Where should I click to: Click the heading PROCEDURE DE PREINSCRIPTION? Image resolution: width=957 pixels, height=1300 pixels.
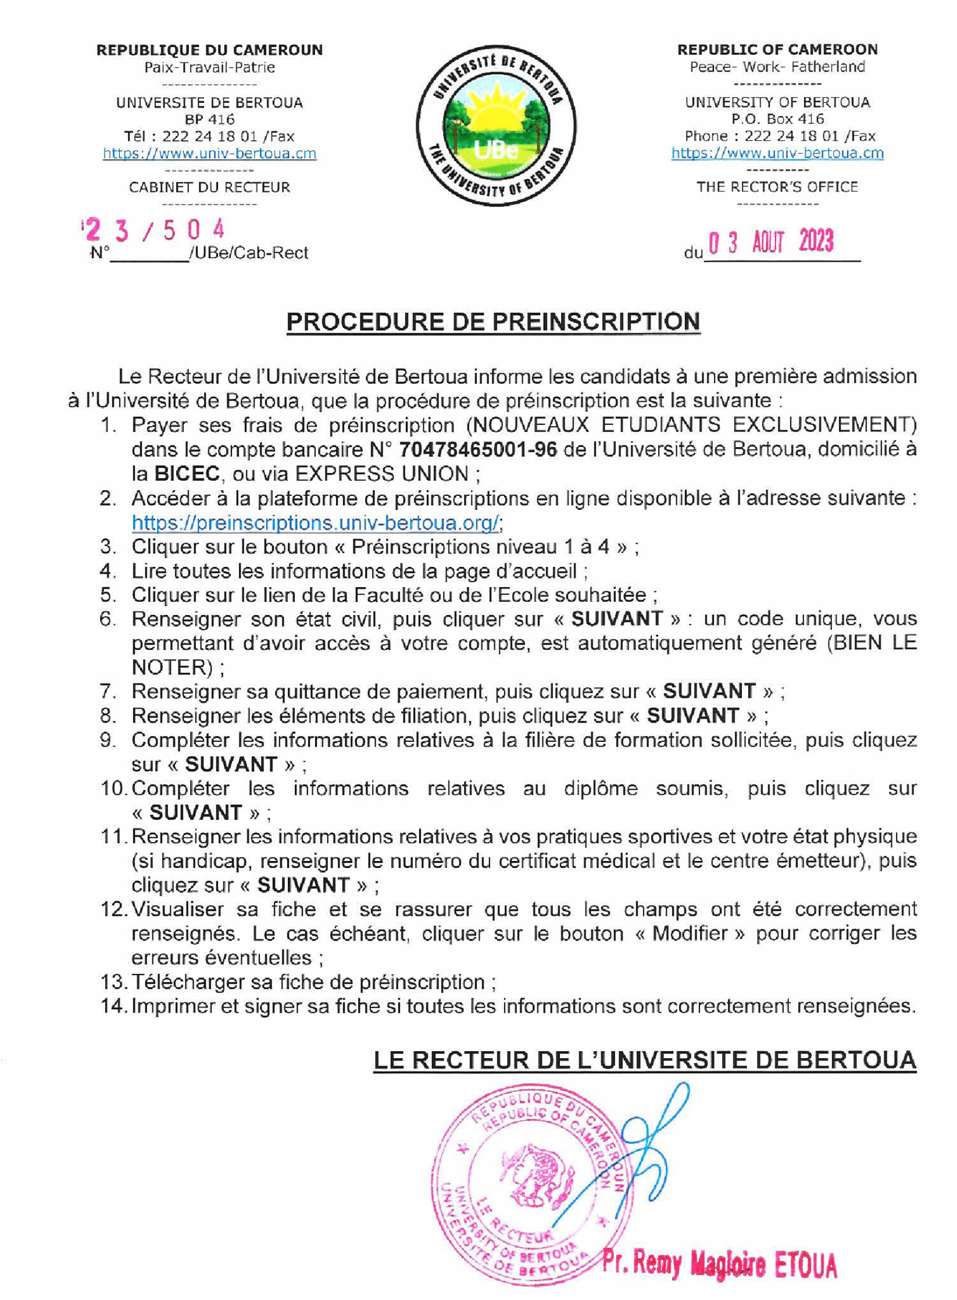click(493, 322)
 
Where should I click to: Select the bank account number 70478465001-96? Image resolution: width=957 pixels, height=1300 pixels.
click(478, 449)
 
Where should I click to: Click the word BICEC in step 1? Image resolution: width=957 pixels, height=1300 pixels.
click(187, 474)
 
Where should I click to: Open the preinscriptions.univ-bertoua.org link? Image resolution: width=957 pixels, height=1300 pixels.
click(315, 523)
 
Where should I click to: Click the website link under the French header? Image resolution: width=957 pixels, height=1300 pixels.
click(209, 153)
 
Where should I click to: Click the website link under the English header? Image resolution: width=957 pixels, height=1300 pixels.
click(777, 153)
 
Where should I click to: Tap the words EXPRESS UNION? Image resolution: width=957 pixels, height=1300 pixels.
click(381, 474)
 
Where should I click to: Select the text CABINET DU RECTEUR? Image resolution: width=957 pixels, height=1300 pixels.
click(209, 187)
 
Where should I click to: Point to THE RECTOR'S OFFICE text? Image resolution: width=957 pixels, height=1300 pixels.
click(777, 187)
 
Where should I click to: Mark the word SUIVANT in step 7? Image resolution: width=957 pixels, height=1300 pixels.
click(709, 691)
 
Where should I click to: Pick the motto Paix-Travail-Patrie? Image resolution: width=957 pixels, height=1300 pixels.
click(209, 67)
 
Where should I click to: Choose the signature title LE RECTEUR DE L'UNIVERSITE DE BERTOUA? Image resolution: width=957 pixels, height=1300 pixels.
click(644, 1060)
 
